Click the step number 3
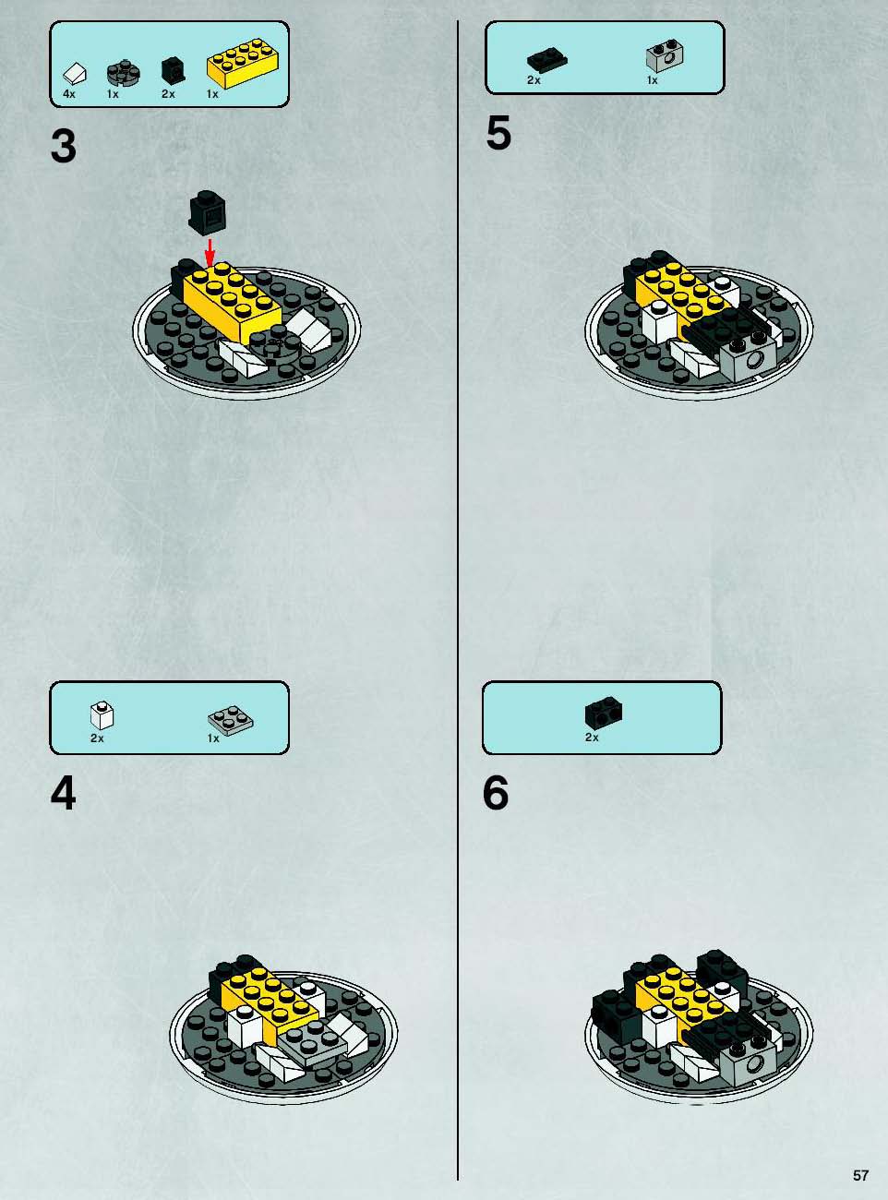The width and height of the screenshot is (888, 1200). [x=64, y=147]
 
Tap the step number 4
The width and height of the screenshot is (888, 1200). [x=63, y=794]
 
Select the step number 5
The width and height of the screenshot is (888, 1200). [x=498, y=134]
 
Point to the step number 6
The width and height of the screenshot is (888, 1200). [x=496, y=794]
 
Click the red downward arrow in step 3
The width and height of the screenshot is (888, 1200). [x=210, y=252]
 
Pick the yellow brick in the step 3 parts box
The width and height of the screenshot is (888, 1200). [x=244, y=64]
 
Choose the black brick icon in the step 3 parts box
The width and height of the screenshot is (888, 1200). [x=173, y=71]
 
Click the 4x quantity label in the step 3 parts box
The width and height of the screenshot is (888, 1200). [x=68, y=94]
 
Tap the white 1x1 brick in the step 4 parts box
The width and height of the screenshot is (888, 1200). [x=102, y=715]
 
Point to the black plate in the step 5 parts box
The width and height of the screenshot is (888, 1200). [x=547, y=61]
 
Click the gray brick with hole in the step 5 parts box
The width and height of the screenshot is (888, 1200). [x=665, y=55]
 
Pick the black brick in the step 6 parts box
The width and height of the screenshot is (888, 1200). [x=604, y=712]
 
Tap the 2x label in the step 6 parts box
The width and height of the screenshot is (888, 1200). [x=592, y=738]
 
